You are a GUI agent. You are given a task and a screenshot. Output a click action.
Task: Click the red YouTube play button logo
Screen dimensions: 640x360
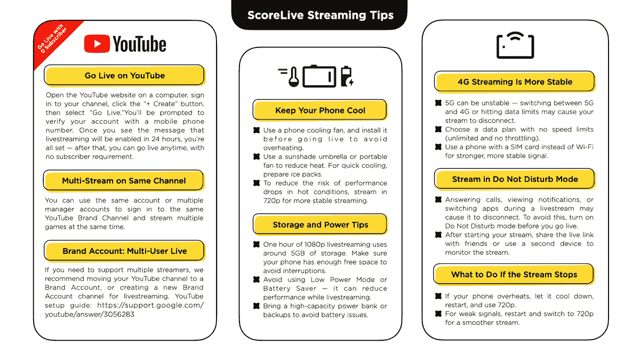(x=97, y=44)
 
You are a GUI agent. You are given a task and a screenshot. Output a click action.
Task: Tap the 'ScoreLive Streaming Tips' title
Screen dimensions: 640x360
(x=321, y=15)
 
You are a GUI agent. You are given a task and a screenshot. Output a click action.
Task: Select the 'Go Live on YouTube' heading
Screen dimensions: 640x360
(x=125, y=75)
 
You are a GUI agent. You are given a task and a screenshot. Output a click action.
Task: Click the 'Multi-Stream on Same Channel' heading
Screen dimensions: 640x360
(x=124, y=181)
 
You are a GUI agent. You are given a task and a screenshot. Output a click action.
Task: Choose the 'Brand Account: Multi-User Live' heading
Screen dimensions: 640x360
(x=125, y=251)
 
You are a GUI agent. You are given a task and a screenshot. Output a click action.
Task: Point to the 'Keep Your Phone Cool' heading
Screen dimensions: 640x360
(x=320, y=110)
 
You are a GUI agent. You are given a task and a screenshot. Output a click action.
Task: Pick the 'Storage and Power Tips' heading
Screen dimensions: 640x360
(x=321, y=225)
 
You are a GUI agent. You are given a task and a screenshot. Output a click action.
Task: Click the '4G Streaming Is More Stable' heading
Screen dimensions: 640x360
(x=515, y=82)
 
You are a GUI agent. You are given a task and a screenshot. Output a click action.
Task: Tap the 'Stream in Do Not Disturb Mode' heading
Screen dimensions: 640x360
(x=515, y=179)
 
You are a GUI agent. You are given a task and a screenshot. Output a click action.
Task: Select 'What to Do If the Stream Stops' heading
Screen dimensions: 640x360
(x=514, y=274)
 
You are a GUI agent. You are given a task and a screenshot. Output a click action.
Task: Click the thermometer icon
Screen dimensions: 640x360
(x=293, y=77)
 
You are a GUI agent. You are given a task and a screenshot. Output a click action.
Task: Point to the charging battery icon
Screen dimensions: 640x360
(x=347, y=76)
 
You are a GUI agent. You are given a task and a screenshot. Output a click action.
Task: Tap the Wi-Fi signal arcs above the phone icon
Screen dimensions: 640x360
(x=515, y=37)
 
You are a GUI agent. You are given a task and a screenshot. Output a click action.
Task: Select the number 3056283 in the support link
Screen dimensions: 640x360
(x=118, y=314)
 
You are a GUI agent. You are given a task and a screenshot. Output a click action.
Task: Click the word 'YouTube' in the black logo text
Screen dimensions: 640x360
(x=139, y=44)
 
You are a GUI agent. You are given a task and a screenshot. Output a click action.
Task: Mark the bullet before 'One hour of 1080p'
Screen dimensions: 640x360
(x=257, y=244)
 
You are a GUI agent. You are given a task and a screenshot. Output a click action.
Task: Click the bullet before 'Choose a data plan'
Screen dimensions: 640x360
(x=438, y=129)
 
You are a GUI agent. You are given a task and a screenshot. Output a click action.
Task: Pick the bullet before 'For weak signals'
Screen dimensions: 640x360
(x=438, y=314)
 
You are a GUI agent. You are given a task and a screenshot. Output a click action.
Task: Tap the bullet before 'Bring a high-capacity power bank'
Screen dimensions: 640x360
(x=257, y=306)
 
